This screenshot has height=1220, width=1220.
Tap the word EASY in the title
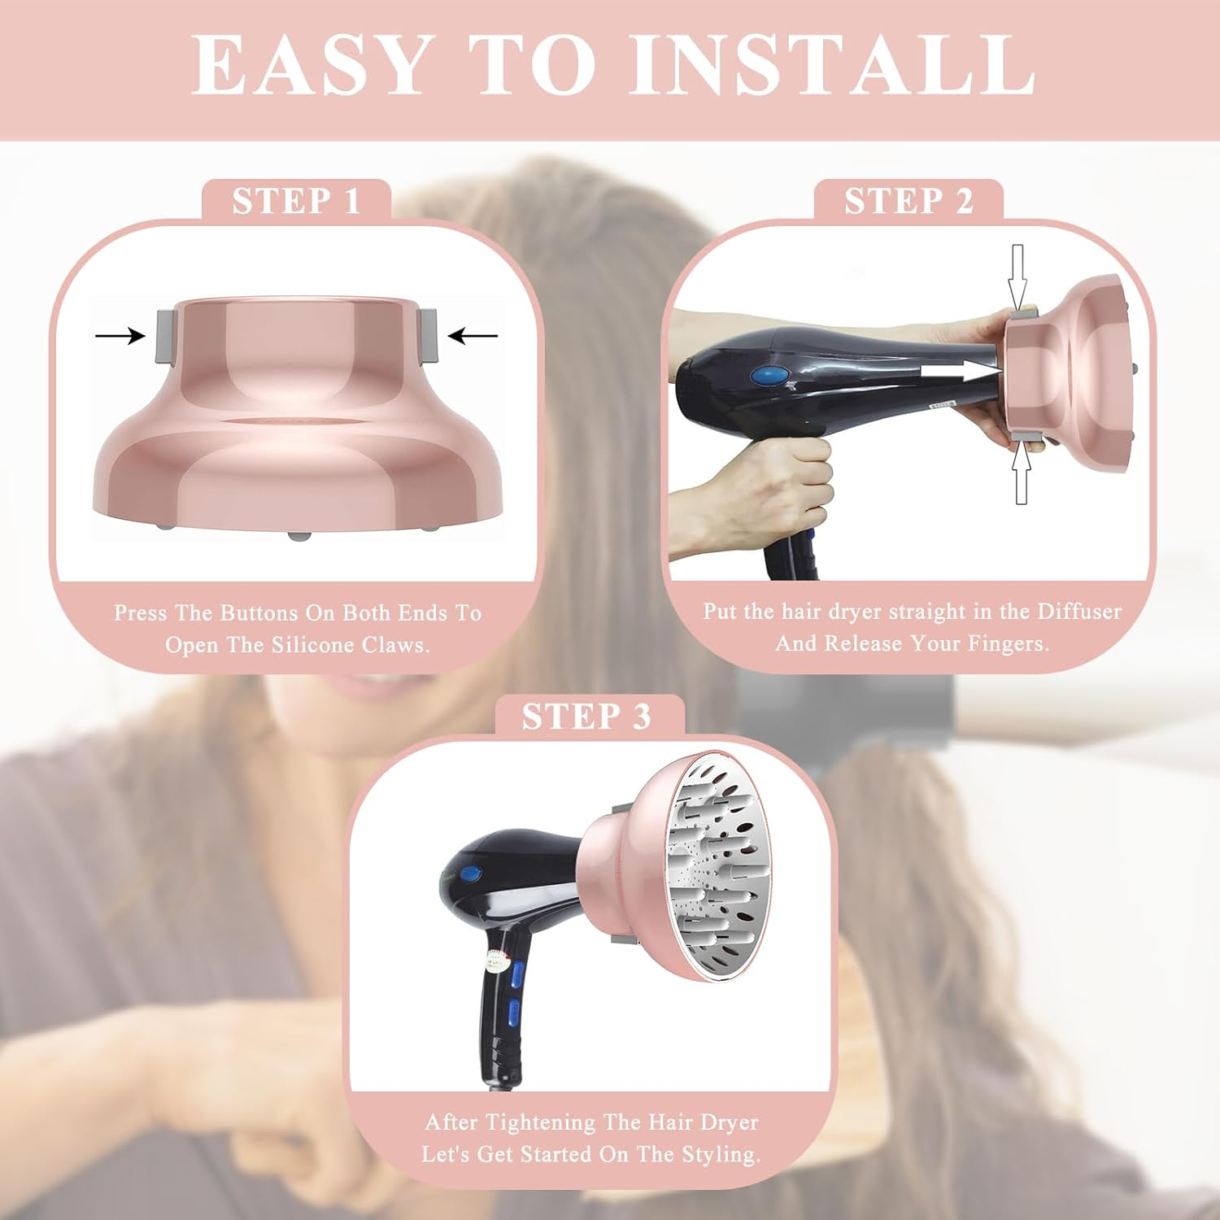(310, 65)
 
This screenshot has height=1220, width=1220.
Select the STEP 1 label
(296, 201)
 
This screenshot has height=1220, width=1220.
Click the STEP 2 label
(908, 201)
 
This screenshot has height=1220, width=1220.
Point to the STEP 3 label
(586, 717)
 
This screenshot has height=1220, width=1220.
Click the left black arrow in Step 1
(120, 335)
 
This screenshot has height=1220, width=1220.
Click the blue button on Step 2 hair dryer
(771, 376)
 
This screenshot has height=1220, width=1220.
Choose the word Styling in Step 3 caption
(721, 1154)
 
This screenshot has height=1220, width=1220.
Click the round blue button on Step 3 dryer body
(471, 875)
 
